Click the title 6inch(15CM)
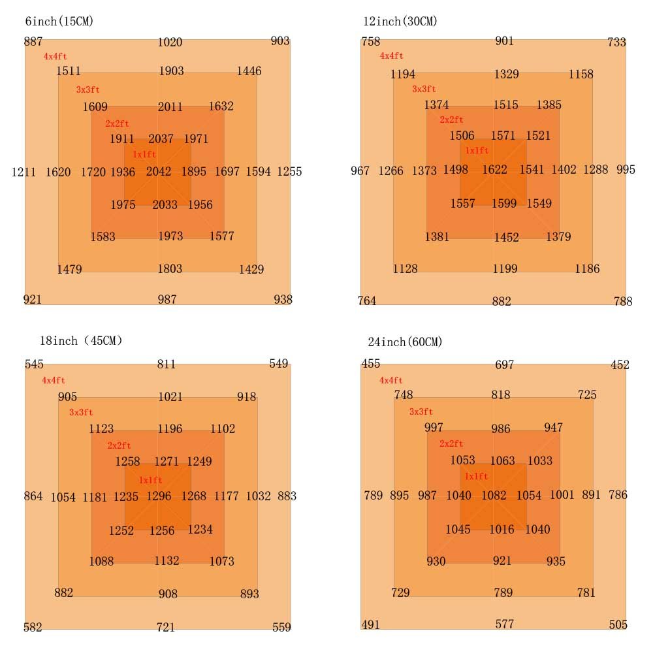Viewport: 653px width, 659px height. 59,22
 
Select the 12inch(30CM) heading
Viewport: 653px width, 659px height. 400,22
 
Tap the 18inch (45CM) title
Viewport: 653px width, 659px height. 81,340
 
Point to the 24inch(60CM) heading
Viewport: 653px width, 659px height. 405,342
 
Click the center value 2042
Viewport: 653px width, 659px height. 159,172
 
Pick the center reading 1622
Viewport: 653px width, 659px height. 494,170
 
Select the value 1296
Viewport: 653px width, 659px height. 159,496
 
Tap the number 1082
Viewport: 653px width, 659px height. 494,495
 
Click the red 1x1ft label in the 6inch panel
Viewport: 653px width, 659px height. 144,155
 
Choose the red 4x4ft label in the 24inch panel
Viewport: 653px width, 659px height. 391,380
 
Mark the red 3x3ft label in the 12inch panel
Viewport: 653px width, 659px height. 424,89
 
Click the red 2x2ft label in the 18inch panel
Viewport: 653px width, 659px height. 119,445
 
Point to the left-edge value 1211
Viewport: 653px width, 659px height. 24,172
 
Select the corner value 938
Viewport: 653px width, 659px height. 283,299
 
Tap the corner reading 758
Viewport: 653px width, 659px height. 370,42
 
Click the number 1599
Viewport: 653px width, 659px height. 503,203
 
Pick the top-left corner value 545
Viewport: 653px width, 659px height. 34,364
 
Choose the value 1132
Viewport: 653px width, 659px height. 167,561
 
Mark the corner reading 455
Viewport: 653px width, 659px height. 370,364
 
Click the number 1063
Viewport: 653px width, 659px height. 502,461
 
